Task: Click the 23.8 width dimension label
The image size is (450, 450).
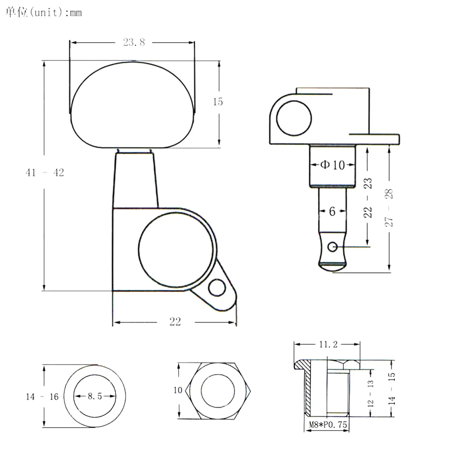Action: click(x=134, y=42)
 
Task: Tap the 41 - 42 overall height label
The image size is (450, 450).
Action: click(x=45, y=172)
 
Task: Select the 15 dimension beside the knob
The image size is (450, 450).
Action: click(x=217, y=102)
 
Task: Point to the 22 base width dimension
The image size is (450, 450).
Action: click(x=175, y=322)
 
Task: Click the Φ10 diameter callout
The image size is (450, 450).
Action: click(x=332, y=165)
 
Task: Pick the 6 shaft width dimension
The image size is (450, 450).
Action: click(x=332, y=211)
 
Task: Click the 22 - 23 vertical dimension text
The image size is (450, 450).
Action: click(x=367, y=198)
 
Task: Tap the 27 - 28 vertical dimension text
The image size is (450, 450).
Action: click(x=389, y=208)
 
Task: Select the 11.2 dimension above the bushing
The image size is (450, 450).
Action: click(x=328, y=344)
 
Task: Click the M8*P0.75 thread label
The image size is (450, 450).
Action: click(x=328, y=425)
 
